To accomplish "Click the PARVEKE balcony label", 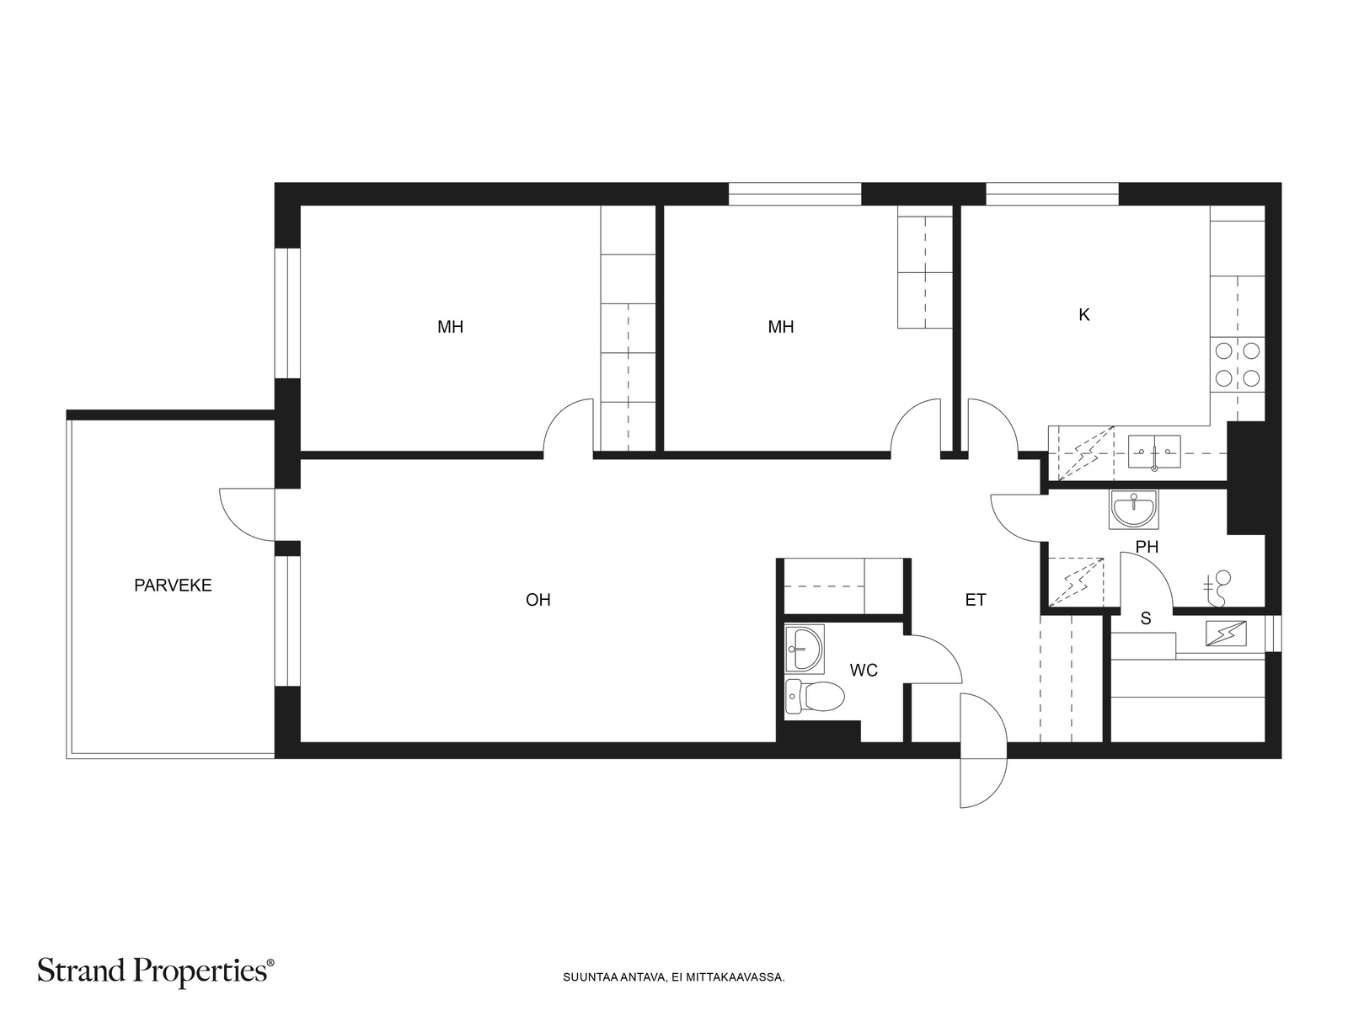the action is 173,585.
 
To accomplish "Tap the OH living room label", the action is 538,600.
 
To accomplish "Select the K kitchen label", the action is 1084,315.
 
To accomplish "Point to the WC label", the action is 864,671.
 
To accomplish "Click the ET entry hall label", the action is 976,600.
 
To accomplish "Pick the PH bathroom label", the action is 1147,546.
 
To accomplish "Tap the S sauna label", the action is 1145,618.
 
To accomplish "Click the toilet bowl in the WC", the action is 815,697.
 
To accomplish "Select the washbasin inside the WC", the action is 804,649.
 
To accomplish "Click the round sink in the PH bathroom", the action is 1133,510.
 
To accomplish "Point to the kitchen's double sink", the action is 1154,452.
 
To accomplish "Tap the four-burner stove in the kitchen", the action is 1238,364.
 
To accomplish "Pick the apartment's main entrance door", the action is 983,750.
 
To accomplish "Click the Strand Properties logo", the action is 156,971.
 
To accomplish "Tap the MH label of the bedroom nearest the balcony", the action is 450,327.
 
